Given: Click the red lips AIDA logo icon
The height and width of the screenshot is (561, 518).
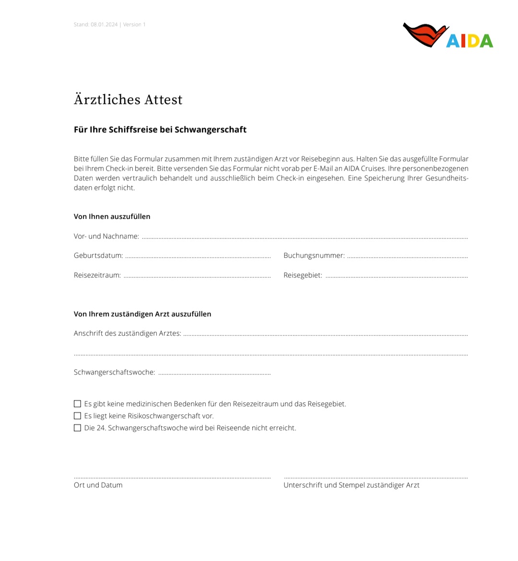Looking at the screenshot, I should click(x=425, y=35).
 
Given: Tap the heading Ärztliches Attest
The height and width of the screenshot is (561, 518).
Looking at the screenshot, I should click(x=128, y=99).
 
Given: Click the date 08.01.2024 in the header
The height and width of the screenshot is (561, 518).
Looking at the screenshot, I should click(x=104, y=24).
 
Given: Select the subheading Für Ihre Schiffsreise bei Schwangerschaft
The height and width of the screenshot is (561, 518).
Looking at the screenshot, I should click(x=160, y=130).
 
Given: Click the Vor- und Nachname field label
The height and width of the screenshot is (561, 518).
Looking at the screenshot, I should click(x=106, y=236).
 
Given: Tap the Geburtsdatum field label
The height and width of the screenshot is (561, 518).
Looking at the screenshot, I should click(x=98, y=256).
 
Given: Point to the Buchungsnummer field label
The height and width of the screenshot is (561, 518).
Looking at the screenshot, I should click(x=314, y=256).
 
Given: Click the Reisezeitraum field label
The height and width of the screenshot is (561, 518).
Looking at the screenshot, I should click(x=97, y=275).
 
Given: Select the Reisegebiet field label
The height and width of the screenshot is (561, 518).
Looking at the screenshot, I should click(x=303, y=275).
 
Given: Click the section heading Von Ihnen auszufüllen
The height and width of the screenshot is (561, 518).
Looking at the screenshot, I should click(x=112, y=217).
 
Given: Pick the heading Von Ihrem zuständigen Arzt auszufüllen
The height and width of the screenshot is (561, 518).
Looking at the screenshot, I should click(x=142, y=314).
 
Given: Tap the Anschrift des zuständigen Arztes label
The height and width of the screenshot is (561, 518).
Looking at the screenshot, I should click(x=128, y=333).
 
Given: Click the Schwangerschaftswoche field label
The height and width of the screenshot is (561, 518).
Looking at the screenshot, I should click(x=115, y=372).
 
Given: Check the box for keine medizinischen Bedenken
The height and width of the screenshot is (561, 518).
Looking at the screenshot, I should click(x=77, y=404).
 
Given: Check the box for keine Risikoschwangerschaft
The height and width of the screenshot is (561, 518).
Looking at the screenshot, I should click(x=77, y=416).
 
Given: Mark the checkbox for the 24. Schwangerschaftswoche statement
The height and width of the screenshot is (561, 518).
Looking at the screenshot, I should click(x=77, y=428).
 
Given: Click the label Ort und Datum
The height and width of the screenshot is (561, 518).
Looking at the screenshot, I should click(x=98, y=485).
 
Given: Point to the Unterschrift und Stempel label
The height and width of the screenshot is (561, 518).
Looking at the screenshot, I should click(x=352, y=485).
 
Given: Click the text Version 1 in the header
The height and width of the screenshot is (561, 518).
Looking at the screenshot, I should click(x=134, y=24).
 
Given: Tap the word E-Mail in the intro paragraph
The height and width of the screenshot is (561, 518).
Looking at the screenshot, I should click(x=323, y=169).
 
